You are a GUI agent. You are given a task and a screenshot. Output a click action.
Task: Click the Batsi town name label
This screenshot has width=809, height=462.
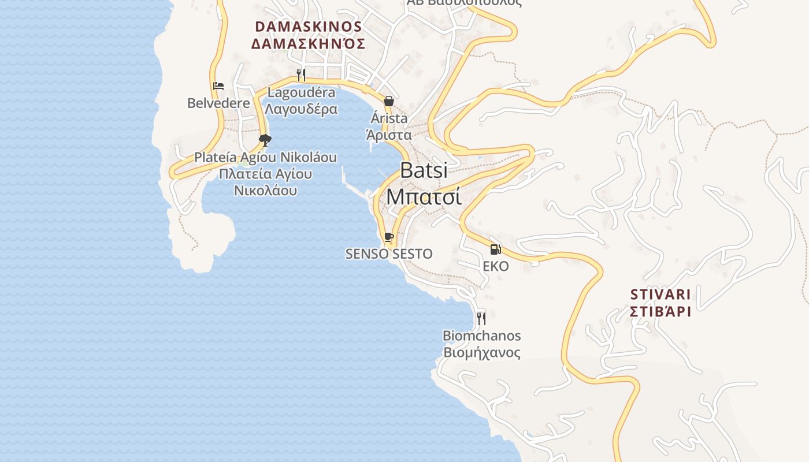[x=424, y=170]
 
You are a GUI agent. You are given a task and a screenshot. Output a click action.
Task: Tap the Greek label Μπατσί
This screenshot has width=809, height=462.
[x=424, y=196]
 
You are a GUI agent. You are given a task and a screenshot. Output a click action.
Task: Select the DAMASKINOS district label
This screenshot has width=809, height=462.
[x=308, y=27]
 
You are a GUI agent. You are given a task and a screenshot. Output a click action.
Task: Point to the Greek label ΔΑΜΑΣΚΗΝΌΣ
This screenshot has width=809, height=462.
[x=308, y=44]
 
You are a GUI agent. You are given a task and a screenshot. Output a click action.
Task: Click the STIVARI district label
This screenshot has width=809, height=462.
[x=660, y=293]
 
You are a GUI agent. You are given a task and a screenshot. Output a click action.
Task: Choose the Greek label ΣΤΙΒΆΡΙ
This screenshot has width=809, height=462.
[x=660, y=311]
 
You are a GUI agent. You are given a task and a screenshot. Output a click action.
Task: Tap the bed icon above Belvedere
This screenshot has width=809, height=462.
[x=218, y=86]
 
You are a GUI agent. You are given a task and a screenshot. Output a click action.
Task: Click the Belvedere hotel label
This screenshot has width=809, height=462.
[x=218, y=103]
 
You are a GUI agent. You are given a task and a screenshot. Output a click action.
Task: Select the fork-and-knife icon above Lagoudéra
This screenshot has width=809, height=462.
[x=301, y=74]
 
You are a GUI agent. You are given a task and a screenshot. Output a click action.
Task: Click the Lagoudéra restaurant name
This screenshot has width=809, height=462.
[x=302, y=92]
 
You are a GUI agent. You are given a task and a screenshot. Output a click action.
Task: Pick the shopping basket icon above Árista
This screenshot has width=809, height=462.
[x=389, y=101]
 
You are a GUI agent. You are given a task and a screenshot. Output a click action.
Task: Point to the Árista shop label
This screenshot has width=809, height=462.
[x=389, y=118]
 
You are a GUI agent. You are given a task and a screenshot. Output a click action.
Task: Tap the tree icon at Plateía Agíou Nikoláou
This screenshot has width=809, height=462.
[x=265, y=140]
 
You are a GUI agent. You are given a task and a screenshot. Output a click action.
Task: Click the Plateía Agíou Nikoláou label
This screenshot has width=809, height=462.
[x=265, y=157]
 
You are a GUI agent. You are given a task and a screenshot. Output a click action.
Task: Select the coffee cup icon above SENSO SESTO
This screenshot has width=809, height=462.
[x=389, y=237]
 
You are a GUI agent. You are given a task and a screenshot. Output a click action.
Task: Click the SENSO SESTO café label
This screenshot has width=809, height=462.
[x=389, y=254]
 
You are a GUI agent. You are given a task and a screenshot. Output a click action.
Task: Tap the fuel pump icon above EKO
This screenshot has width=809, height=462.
[x=495, y=249]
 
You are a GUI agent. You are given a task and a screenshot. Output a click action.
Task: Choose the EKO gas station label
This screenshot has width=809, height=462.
[x=496, y=266]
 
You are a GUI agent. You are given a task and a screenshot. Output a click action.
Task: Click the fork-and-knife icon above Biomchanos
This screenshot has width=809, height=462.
[x=481, y=318]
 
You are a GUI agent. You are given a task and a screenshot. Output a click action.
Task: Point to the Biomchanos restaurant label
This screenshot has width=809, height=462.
[x=481, y=336]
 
